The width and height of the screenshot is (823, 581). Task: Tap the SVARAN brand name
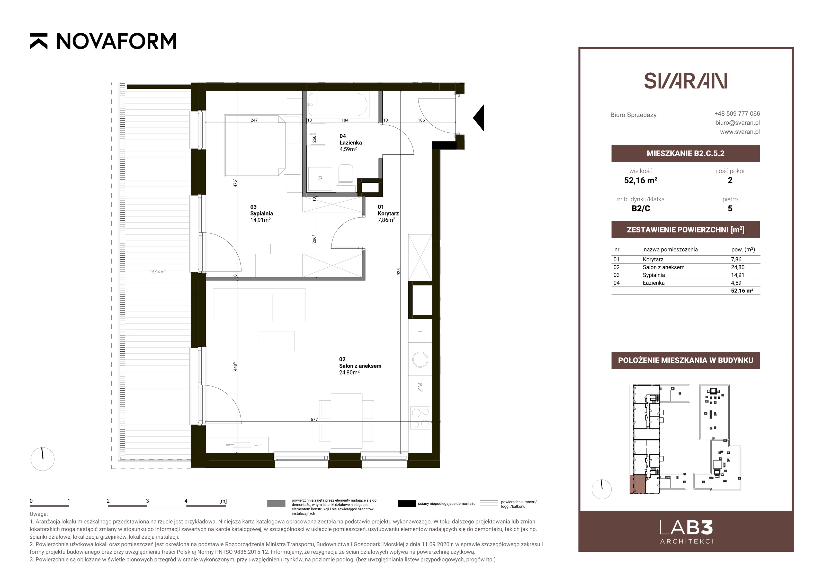tap(685, 81)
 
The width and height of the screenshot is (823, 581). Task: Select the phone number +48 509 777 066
tap(737, 114)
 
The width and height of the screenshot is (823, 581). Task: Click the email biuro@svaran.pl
tap(737, 123)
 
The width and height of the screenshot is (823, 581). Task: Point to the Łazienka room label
tap(351, 143)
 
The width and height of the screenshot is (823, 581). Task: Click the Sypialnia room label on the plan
tap(261, 213)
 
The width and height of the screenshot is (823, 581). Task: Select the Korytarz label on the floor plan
tap(388, 213)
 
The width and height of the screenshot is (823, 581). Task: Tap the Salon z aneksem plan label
tap(360, 366)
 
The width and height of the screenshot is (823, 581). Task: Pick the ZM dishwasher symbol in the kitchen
tap(420, 387)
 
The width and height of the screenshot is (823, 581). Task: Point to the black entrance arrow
tap(479, 118)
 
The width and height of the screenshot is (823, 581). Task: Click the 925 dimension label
tap(399, 272)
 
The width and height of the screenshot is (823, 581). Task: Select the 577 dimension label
tap(314, 419)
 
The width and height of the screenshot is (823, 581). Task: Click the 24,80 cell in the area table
tap(738, 267)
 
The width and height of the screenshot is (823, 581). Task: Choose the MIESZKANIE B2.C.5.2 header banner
tap(685, 153)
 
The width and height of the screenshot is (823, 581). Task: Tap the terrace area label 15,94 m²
tap(158, 272)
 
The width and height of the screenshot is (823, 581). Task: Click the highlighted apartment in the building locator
tap(638, 484)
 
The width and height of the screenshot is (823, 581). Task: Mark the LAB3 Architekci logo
tap(686, 532)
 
